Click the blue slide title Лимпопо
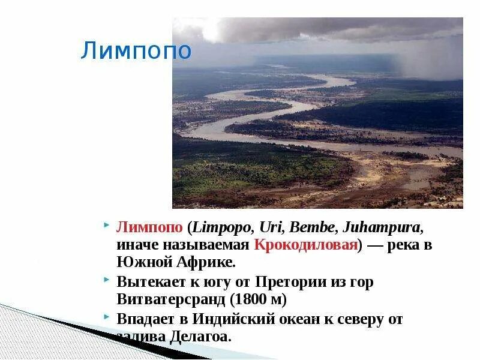136,51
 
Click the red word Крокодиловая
305,245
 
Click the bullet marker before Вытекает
106,280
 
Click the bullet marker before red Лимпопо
106,226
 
